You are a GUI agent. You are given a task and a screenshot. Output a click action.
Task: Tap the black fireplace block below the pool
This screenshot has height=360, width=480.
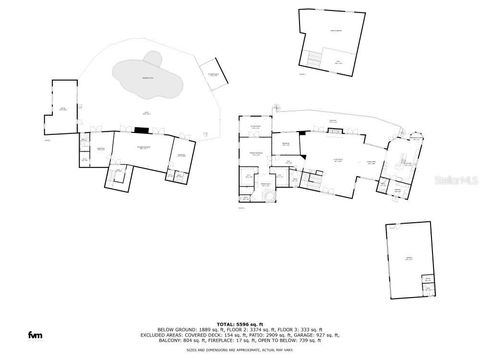(143, 129)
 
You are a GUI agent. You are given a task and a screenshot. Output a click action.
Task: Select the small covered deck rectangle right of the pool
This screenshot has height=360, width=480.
(211, 73)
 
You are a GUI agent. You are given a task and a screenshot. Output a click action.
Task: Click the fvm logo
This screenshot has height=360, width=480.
(35, 333)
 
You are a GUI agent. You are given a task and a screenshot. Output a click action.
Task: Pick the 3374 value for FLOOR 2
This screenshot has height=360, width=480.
(251, 331)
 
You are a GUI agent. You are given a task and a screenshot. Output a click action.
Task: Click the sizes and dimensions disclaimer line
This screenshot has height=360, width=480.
(240, 348)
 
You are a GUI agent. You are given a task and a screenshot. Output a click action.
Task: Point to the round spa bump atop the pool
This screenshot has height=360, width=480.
(151, 56)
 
